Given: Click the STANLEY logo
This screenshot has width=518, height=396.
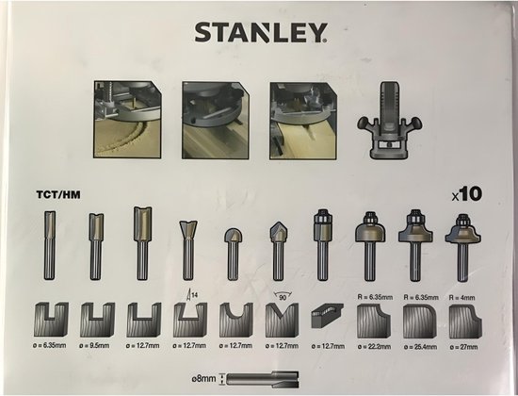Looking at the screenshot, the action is click(x=261, y=32).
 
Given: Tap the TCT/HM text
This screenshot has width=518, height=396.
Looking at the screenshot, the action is click(x=58, y=194).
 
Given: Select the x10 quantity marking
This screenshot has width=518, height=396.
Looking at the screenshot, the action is click(x=467, y=194).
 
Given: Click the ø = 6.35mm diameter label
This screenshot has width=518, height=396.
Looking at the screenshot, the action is click(x=50, y=346).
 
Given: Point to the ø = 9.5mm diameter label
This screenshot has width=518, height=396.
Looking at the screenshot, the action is click(x=94, y=346).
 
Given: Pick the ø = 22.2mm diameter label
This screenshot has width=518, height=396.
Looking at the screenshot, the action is click(x=374, y=346).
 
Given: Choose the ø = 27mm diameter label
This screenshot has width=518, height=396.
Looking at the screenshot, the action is click(x=463, y=347).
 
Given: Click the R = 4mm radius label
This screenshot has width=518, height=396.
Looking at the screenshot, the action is click(x=461, y=297).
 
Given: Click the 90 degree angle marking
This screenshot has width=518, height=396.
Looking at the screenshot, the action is click(x=283, y=296).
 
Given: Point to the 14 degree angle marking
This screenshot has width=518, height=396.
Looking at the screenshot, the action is click(x=192, y=294).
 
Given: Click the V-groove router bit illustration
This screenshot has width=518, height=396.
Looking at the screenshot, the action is click(x=279, y=251).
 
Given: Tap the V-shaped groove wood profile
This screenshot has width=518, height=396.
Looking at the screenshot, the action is click(x=282, y=321).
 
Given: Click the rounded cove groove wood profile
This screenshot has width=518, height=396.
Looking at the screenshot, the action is click(x=235, y=321).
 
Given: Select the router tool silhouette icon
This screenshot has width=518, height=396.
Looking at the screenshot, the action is click(x=390, y=120).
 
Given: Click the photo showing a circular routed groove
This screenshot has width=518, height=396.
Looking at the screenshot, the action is click(x=127, y=119).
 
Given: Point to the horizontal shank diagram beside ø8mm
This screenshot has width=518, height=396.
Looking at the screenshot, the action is click(x=263, y=379).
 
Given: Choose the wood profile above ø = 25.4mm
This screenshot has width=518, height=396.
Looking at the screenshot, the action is click(x=419, y=322).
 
